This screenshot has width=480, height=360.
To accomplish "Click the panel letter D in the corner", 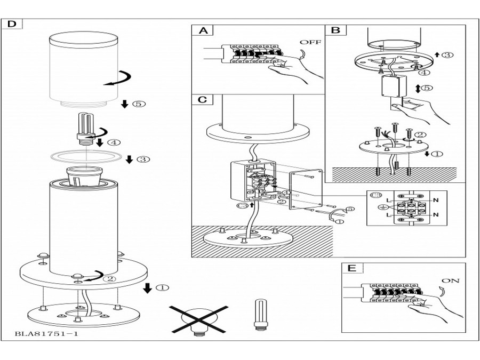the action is click(x=12, y=24).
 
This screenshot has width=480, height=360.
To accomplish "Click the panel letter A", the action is click(x=203, y=30).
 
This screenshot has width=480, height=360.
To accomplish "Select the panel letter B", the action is click(x=335, y=30).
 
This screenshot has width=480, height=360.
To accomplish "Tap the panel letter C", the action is click(x=203, y=100).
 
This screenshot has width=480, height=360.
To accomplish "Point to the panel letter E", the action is click(x=352, y=268).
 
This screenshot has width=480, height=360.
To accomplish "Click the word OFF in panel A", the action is click(x=311, y=42).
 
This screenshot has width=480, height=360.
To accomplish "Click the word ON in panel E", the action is click(x=451, y=281).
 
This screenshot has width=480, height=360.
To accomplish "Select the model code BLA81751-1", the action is click(x=46, y=334).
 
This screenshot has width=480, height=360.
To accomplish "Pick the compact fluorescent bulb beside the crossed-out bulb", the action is click(x=260, y=315).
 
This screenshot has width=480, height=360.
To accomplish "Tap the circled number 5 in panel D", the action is click(x=139, y=104).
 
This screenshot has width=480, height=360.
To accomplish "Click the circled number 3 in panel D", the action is click(x=143, y=159).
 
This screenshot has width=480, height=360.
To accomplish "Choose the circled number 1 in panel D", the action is click(x=163, y=288).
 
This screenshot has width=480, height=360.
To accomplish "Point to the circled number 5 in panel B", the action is click(x=427, y=88).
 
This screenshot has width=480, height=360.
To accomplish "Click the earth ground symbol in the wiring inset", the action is click(x=381, y=207).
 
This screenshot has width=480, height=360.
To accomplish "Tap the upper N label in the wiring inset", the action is click(x=436, y=200).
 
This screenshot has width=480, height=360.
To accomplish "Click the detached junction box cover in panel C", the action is click(x=306, y=190).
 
